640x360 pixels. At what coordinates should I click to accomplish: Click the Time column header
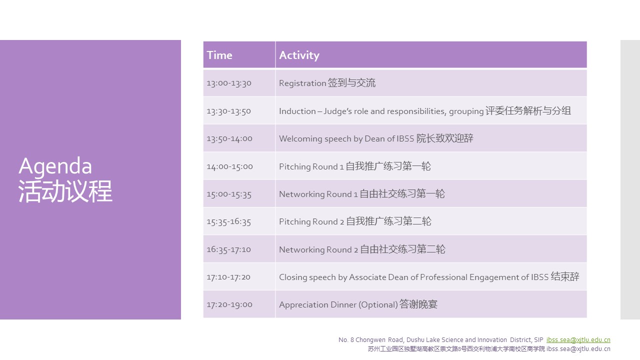point(219,55)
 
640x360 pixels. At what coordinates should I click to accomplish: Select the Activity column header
point(299,55)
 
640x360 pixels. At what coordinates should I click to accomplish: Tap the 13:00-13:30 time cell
point(229,83)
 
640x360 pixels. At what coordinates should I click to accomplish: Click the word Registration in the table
point(302,83)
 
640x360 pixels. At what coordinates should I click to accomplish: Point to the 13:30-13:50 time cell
point(228,111)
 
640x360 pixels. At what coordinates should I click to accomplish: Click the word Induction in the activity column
point(297,111)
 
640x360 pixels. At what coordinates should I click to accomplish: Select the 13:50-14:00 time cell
point(229,138)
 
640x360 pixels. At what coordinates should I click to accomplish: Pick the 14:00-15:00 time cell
point(229,166)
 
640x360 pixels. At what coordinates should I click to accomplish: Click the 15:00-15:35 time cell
point(229,194)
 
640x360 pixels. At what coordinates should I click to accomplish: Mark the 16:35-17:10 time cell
point(228,249)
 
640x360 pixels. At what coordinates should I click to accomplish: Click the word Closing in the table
point(293,277)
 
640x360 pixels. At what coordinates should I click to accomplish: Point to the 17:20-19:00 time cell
point(229,304)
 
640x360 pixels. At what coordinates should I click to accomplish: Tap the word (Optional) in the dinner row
point(378,304)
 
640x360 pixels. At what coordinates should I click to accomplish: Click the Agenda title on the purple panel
point(55,166)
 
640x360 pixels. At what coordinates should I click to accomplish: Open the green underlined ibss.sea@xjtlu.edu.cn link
point(578,339)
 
